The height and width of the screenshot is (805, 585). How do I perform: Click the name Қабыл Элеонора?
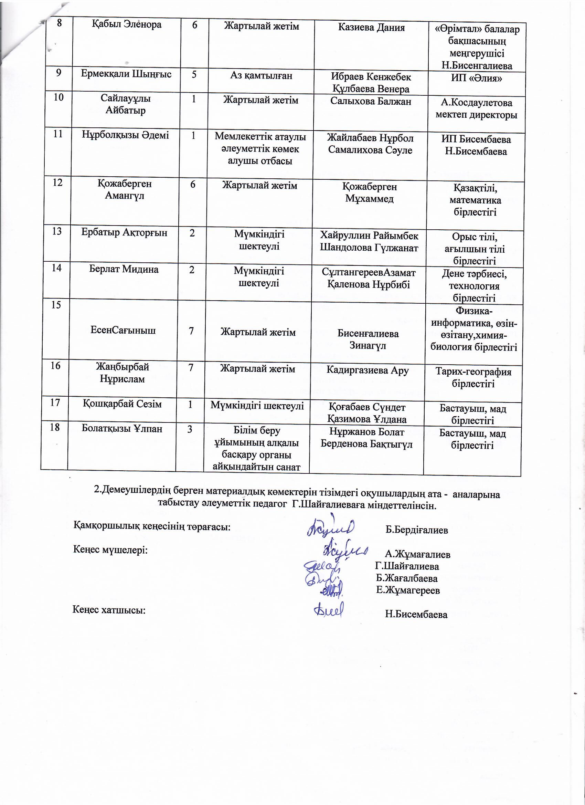coord(127,24)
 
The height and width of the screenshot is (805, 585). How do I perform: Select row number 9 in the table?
coord(59,73)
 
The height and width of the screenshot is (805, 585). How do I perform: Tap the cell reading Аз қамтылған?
coord(261,76)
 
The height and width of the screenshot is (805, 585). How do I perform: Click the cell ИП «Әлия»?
coord(476,78)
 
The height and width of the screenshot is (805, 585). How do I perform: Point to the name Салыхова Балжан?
coord(371,102)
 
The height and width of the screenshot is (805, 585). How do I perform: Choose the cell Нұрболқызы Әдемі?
coord(125,135)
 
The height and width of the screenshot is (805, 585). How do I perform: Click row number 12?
coord(57,183)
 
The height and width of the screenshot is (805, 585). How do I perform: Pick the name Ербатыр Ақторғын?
coord(124,232)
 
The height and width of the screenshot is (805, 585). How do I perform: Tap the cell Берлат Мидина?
coord(124,269)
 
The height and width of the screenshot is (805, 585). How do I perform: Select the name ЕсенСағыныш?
coord(123,331)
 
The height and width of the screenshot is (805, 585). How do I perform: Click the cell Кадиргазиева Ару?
coord(368,370)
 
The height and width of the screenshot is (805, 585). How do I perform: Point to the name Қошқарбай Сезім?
coord(122,404)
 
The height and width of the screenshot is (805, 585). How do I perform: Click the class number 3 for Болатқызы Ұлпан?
coord(190,429)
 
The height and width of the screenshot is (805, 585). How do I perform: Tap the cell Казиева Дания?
coord(371,28)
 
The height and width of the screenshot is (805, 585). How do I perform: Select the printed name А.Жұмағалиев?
coord(417,554)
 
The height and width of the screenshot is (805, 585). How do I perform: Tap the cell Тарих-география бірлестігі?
coord(473,378)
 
